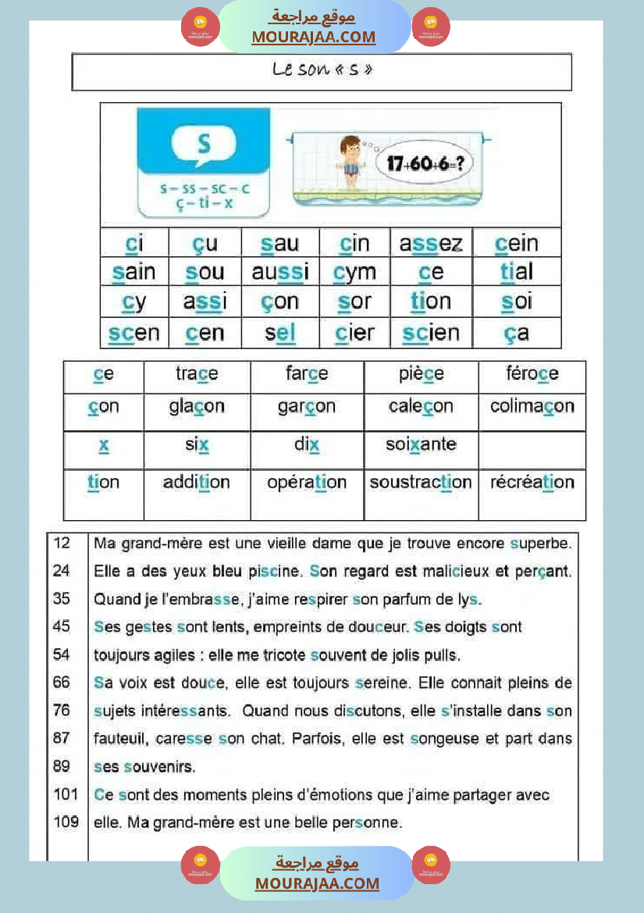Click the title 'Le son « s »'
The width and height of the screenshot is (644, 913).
click(322, 70)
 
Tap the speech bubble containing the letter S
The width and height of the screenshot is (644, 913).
click(203, 145)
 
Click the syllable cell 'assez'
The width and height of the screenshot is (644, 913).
click(431, 244)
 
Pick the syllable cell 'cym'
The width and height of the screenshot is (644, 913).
click(354, 273)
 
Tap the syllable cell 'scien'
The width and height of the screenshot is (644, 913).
click(431, 333)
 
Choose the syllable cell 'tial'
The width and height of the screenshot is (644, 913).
click(517, 273)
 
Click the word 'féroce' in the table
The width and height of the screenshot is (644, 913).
click(532, 374)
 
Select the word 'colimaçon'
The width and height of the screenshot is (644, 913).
click(532, 406)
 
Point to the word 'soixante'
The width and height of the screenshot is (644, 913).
click(421, 444)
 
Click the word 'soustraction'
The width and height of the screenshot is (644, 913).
click(421, 483)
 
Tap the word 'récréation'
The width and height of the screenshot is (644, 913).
click(532, 483)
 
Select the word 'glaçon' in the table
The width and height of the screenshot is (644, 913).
click(197, 406)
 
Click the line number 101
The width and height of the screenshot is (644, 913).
click(66, 795)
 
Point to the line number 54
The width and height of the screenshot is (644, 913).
click(62, 654)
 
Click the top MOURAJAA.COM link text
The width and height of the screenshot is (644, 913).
click(313, 37)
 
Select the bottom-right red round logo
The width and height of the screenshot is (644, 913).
click(431, 865)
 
